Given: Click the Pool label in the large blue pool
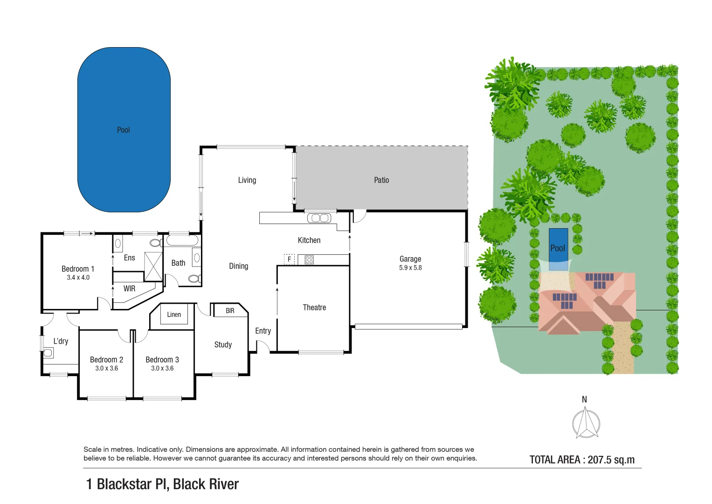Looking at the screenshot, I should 123,130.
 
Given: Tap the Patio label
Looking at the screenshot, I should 381,180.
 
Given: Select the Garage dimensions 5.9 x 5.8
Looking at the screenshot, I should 410,268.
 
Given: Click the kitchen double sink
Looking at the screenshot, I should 319,218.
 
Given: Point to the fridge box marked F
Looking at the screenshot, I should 289,259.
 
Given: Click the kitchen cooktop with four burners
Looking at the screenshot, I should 309,259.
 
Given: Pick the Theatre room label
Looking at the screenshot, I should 314,308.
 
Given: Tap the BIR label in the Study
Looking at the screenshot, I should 230,311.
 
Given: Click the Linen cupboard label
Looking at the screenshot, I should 174,315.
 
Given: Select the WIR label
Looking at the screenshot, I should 129,289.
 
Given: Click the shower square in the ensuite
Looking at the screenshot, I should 153,266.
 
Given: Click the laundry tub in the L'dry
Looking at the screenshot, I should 48,353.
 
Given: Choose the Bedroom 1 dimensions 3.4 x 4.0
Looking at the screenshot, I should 78,278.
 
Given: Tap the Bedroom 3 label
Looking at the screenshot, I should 162,360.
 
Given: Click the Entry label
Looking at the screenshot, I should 263,331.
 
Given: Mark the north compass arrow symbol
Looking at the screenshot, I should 586,423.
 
